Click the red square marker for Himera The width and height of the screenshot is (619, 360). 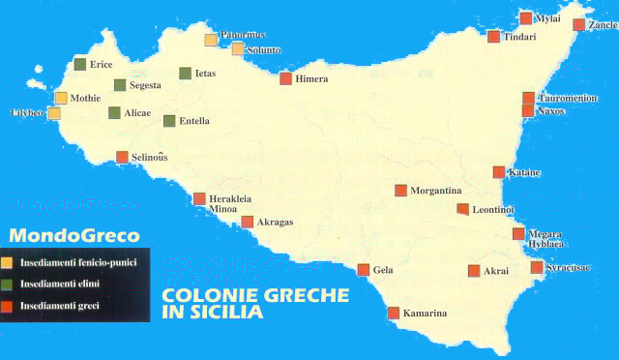coord(285,78)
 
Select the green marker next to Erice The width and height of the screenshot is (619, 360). coord(80,64)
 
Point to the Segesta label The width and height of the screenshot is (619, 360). coord(145,85)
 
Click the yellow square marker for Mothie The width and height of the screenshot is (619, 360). coord(61,98)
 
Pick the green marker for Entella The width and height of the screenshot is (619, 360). coord(169,121)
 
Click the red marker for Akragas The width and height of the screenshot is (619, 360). coord(248,222)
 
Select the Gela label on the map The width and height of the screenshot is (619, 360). coord(383,270)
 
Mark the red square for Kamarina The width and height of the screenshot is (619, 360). coord(394,313)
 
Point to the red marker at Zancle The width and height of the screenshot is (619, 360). coord(579,25)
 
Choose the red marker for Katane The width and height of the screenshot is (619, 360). coord(499,172)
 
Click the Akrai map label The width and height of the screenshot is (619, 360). coord(495,272)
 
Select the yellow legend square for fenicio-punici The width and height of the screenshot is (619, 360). coord(8,262)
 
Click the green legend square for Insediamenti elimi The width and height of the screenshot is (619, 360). coord(8,284)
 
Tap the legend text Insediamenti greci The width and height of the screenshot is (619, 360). coord(59,306)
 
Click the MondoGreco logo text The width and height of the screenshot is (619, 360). coord(74,235)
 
